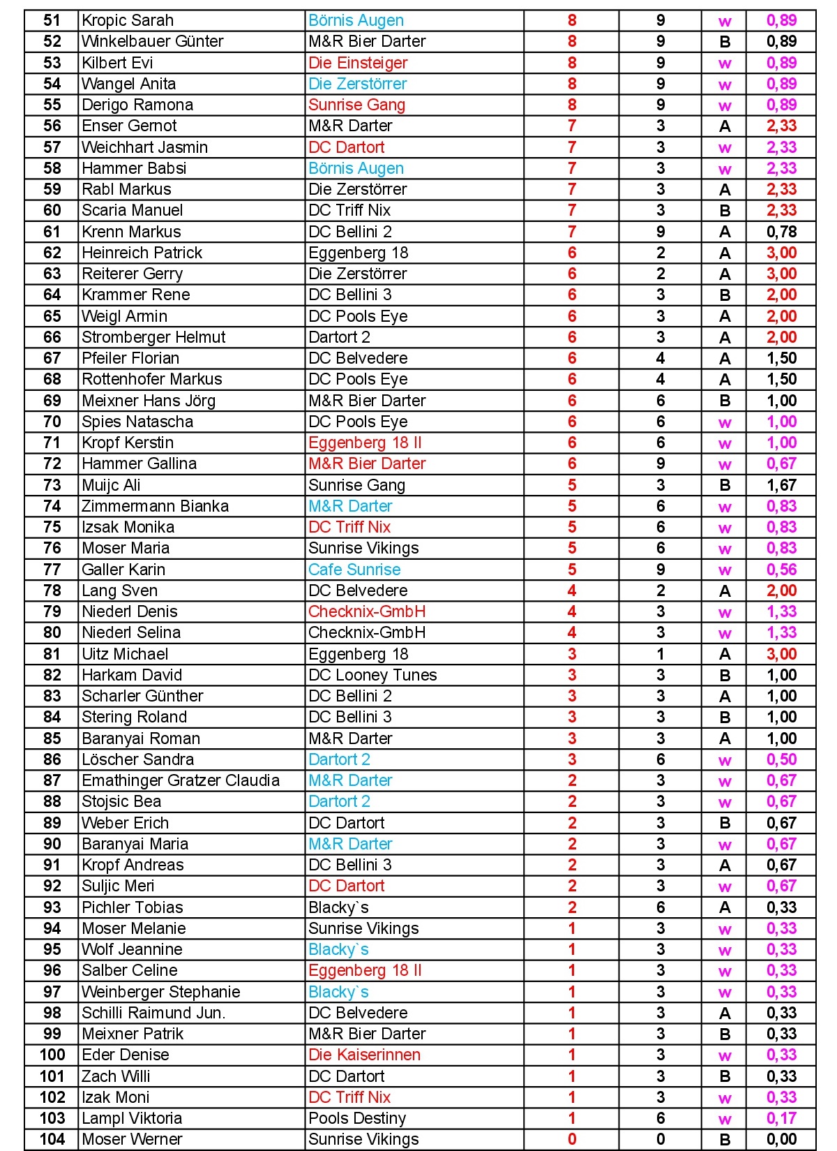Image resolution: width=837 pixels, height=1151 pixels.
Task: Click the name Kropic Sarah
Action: (128, 20)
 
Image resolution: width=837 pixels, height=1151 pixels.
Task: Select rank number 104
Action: (52, 1139)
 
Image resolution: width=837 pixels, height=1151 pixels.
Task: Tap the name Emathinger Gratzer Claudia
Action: (181, 780)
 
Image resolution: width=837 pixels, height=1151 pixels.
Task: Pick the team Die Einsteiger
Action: (358, 63)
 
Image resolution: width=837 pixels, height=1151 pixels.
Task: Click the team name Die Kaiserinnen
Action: (364, 1055)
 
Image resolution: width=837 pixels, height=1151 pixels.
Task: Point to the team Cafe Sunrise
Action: (354, 570)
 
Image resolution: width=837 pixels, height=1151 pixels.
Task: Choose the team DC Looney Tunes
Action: (372, 675)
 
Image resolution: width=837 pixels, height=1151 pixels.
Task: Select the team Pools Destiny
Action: (357, 1118)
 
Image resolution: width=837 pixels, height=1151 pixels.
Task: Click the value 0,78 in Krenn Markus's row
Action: (781, 232)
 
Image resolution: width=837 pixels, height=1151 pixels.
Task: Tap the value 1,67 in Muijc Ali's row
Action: (781, 485)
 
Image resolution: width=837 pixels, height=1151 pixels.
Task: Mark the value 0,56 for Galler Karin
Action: (781, 570)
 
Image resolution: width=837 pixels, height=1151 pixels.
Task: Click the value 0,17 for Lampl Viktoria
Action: (781, 1118)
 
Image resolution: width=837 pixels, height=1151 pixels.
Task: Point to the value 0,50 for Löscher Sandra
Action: (781, 759)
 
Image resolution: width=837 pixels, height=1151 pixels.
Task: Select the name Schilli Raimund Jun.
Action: (153, 1013)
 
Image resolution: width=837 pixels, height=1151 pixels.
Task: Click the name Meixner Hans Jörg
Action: (149, 401)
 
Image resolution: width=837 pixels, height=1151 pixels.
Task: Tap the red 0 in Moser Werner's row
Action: (572, 1139)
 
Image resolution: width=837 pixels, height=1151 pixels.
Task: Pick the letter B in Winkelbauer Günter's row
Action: (725, 42)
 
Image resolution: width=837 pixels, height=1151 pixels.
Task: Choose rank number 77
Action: (52, 570)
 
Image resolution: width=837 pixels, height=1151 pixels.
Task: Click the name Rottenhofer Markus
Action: (152, 379)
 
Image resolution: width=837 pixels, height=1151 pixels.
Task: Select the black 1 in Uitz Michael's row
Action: (661, 654)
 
